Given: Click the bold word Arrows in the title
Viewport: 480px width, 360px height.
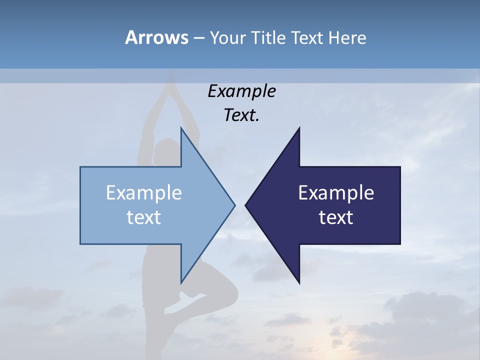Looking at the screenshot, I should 156,37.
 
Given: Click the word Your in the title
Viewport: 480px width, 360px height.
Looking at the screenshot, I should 227,37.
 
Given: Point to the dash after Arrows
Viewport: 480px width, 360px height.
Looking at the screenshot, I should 198,38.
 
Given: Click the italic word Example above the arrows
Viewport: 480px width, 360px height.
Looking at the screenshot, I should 241,91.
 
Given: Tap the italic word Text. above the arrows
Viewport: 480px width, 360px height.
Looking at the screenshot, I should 241,115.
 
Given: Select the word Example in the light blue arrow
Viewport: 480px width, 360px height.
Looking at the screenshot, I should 144,192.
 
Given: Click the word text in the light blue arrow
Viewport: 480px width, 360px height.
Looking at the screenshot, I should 144,217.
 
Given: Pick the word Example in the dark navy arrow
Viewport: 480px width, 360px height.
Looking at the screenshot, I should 336,192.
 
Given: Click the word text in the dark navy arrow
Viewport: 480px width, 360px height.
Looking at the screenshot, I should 336,217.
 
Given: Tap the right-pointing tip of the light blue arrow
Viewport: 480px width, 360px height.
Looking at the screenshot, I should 234,205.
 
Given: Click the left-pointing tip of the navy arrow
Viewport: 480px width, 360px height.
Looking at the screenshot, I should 245,205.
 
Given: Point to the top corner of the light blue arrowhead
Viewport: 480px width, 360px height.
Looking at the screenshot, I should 181,128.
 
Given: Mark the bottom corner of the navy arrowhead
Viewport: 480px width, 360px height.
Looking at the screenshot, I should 299,283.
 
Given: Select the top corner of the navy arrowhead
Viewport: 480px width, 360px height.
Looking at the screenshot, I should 299,128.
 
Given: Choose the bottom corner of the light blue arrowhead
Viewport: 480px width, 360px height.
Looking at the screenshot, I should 181,283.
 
